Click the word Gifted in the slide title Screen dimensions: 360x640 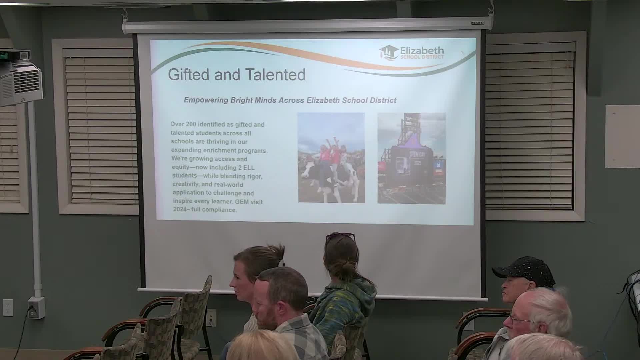coord(189,74)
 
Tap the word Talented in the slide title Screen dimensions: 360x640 coord(275,74)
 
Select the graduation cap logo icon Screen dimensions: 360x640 coord(389,53)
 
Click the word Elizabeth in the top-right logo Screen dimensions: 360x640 coord(422,51)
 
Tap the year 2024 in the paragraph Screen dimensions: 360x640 coord(180,210)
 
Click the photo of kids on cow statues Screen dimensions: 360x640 coord(331,158)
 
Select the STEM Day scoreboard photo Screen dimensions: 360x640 coord(411,158)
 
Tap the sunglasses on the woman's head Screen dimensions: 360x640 coord(340,237)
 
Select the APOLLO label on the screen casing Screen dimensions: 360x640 coord(477,23)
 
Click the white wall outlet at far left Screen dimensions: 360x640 coord(8,307)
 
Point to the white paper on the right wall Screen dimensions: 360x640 coord(622,136)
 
